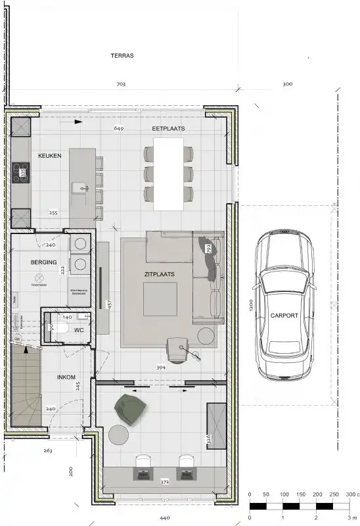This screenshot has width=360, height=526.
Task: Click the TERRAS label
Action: point(122,56)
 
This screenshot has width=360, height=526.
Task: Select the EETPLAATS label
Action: point(168,130)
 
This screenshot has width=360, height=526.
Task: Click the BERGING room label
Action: point(43,262)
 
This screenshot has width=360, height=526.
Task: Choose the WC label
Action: point(78,329)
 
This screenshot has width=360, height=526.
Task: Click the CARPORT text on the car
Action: point(284,316)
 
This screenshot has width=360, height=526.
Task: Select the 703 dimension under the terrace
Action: point(120,85)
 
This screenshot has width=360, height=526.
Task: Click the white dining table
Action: point(168,176)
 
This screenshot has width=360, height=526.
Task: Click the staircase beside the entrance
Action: point(26,388)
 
